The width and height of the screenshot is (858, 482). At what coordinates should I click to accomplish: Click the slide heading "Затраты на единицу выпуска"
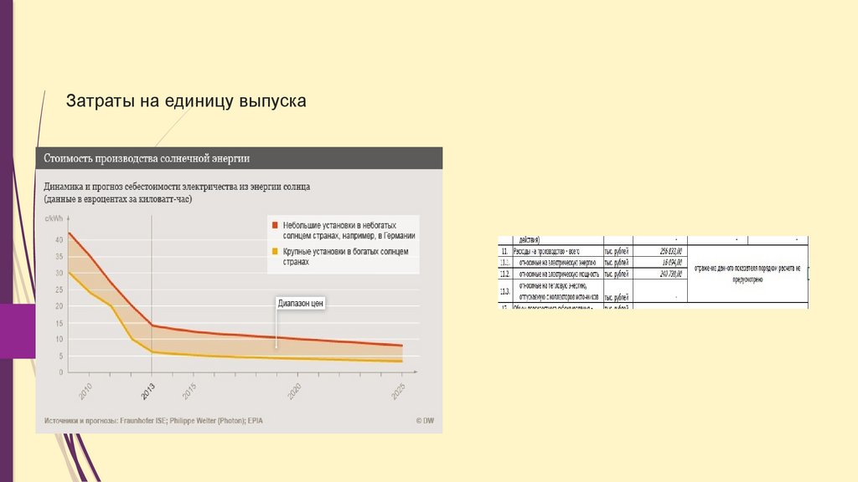click(x=187, y=101)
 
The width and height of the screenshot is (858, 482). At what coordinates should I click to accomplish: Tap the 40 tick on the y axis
click(x=59, y=240)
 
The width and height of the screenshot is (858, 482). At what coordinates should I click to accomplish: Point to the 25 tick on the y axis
click(x=59, y=290)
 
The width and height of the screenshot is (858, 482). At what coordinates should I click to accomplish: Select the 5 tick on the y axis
click(x=59, y=356)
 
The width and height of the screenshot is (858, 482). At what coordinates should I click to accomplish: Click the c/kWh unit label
click(x=54, y=219)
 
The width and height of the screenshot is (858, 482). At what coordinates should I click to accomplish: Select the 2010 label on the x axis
click(x=85, y=390)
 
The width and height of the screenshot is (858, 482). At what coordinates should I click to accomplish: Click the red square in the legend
click(x=273, y=226)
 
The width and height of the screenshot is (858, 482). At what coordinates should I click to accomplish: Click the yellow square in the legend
click(x=273, y=251)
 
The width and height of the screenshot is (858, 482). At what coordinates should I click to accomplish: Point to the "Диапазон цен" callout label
click(x=300, y=305)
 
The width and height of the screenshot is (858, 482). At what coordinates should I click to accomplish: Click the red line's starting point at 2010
click(x=69, y=233)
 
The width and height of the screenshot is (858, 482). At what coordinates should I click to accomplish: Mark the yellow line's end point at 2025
click(x=401, y=361)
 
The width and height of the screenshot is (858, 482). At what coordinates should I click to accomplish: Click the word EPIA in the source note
click(x=276, y=420)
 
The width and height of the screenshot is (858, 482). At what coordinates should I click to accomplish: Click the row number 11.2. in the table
click(x=504, y=274)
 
